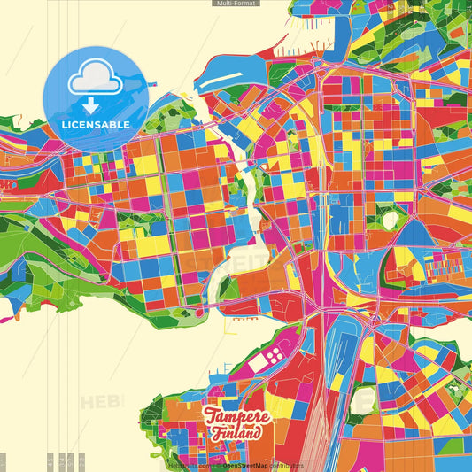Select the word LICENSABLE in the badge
(x=95, y=125)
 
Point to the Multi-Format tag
(x=236, y=4)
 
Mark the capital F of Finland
(x=216, y=433)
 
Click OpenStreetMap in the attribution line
(x=245, y=465)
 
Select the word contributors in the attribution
(x=286, y=465)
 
